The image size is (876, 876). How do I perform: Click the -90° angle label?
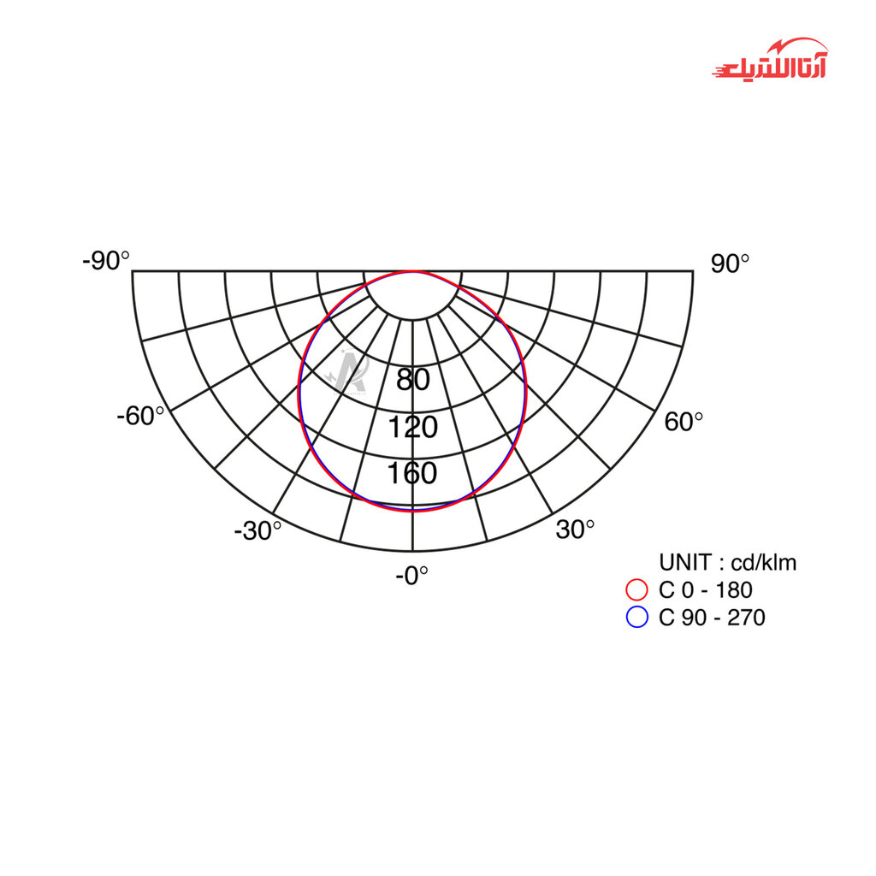pyautogui.click(x=105, y=260)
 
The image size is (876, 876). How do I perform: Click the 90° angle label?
pyautogui.click(x=730, y=263)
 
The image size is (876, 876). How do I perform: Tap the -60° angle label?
pyautogui.click(x=140, y=416)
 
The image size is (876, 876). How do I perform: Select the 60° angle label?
pyautogui.click(x=684, y=421)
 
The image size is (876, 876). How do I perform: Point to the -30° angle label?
pyautogui.click(x=257, y=530)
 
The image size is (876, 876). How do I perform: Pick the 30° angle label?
pyautogui.click(x=575, y=529)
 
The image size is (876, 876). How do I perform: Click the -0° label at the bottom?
pyautogui.click(x=411, y=576)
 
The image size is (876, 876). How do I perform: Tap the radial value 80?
pyautogui.click(x=413, y=379)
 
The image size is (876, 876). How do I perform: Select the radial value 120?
pyautogui.click(x=413, y=427)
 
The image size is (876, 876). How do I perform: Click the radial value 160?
pyautogui.click(x=412, y=472)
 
